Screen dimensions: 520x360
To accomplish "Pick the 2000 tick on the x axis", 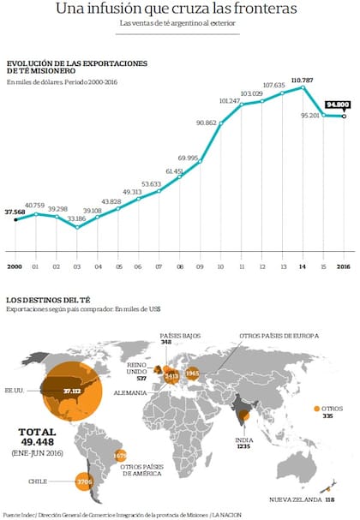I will [x=15, y=266].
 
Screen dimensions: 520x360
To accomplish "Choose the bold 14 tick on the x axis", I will [x=302, y=266].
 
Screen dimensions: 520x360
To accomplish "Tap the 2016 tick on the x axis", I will [x=343, y=266].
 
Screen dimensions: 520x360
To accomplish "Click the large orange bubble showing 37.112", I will [x=70, y=391].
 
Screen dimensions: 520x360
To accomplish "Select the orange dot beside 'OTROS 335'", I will [x=318, y=408].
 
